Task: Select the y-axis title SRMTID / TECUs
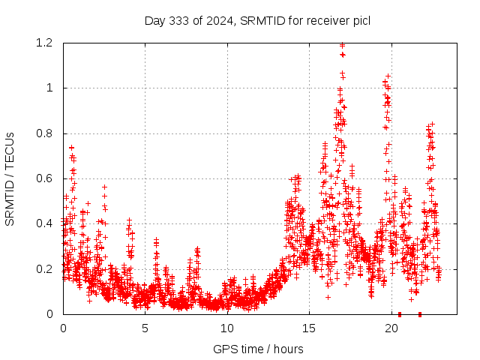coord(10,179)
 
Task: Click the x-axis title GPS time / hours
coord(258,349)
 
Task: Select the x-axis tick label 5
coord(145,328)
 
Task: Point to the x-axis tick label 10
coord(227,328)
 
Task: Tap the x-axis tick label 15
coord(310,328)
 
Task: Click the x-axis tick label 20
coord(391,328)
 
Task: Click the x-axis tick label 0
coord(63,328)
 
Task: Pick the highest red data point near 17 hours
coord(343,45)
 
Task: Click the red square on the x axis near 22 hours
coord(420,314)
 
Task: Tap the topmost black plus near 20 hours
coord(388,76)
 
